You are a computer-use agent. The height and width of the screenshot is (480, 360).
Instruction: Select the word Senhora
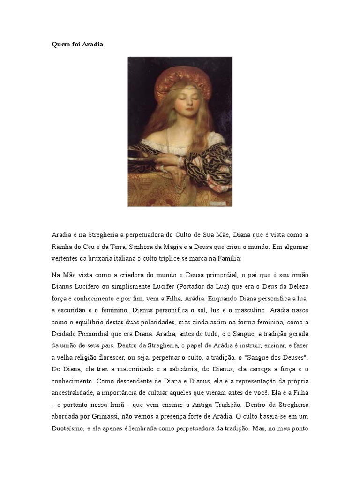(x=147, y=247)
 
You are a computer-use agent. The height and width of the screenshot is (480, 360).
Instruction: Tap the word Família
(x=226, y=258)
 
